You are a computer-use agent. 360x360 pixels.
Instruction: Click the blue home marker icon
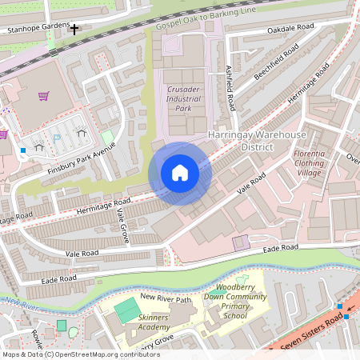click(179, 173)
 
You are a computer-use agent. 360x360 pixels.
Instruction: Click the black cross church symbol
click(75, 30)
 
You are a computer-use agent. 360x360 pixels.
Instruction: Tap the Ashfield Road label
click(230, 87)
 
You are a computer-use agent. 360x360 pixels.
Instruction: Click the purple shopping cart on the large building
click(43, 97)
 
